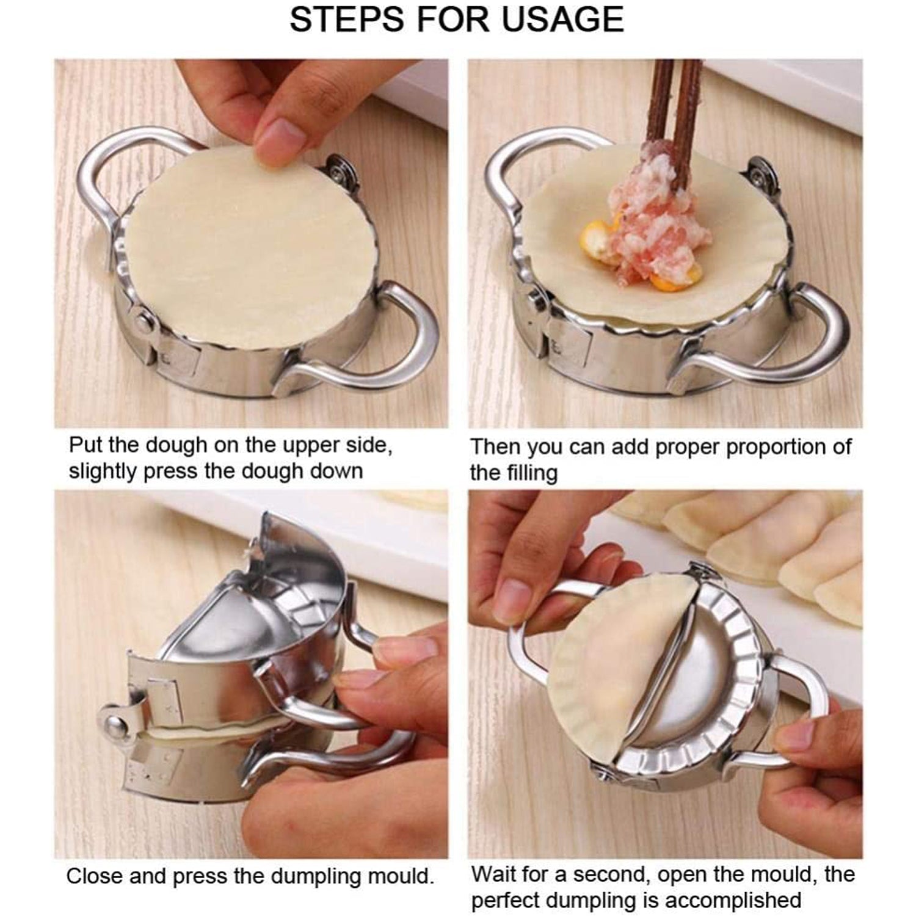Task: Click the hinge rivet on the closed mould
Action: pos(114,726)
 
